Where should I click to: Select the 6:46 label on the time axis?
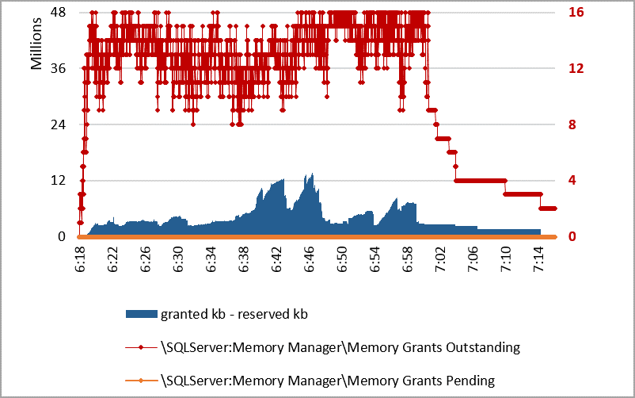(x=309, y=259)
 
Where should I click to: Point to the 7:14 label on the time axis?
(x=539, y=259)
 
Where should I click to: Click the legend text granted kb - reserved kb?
(x=234, y=314)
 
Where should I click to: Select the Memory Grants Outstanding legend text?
(x=340, y=346)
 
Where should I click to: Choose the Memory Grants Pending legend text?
(x=327, y=380)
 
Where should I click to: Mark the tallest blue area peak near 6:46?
(x=313, y=174)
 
